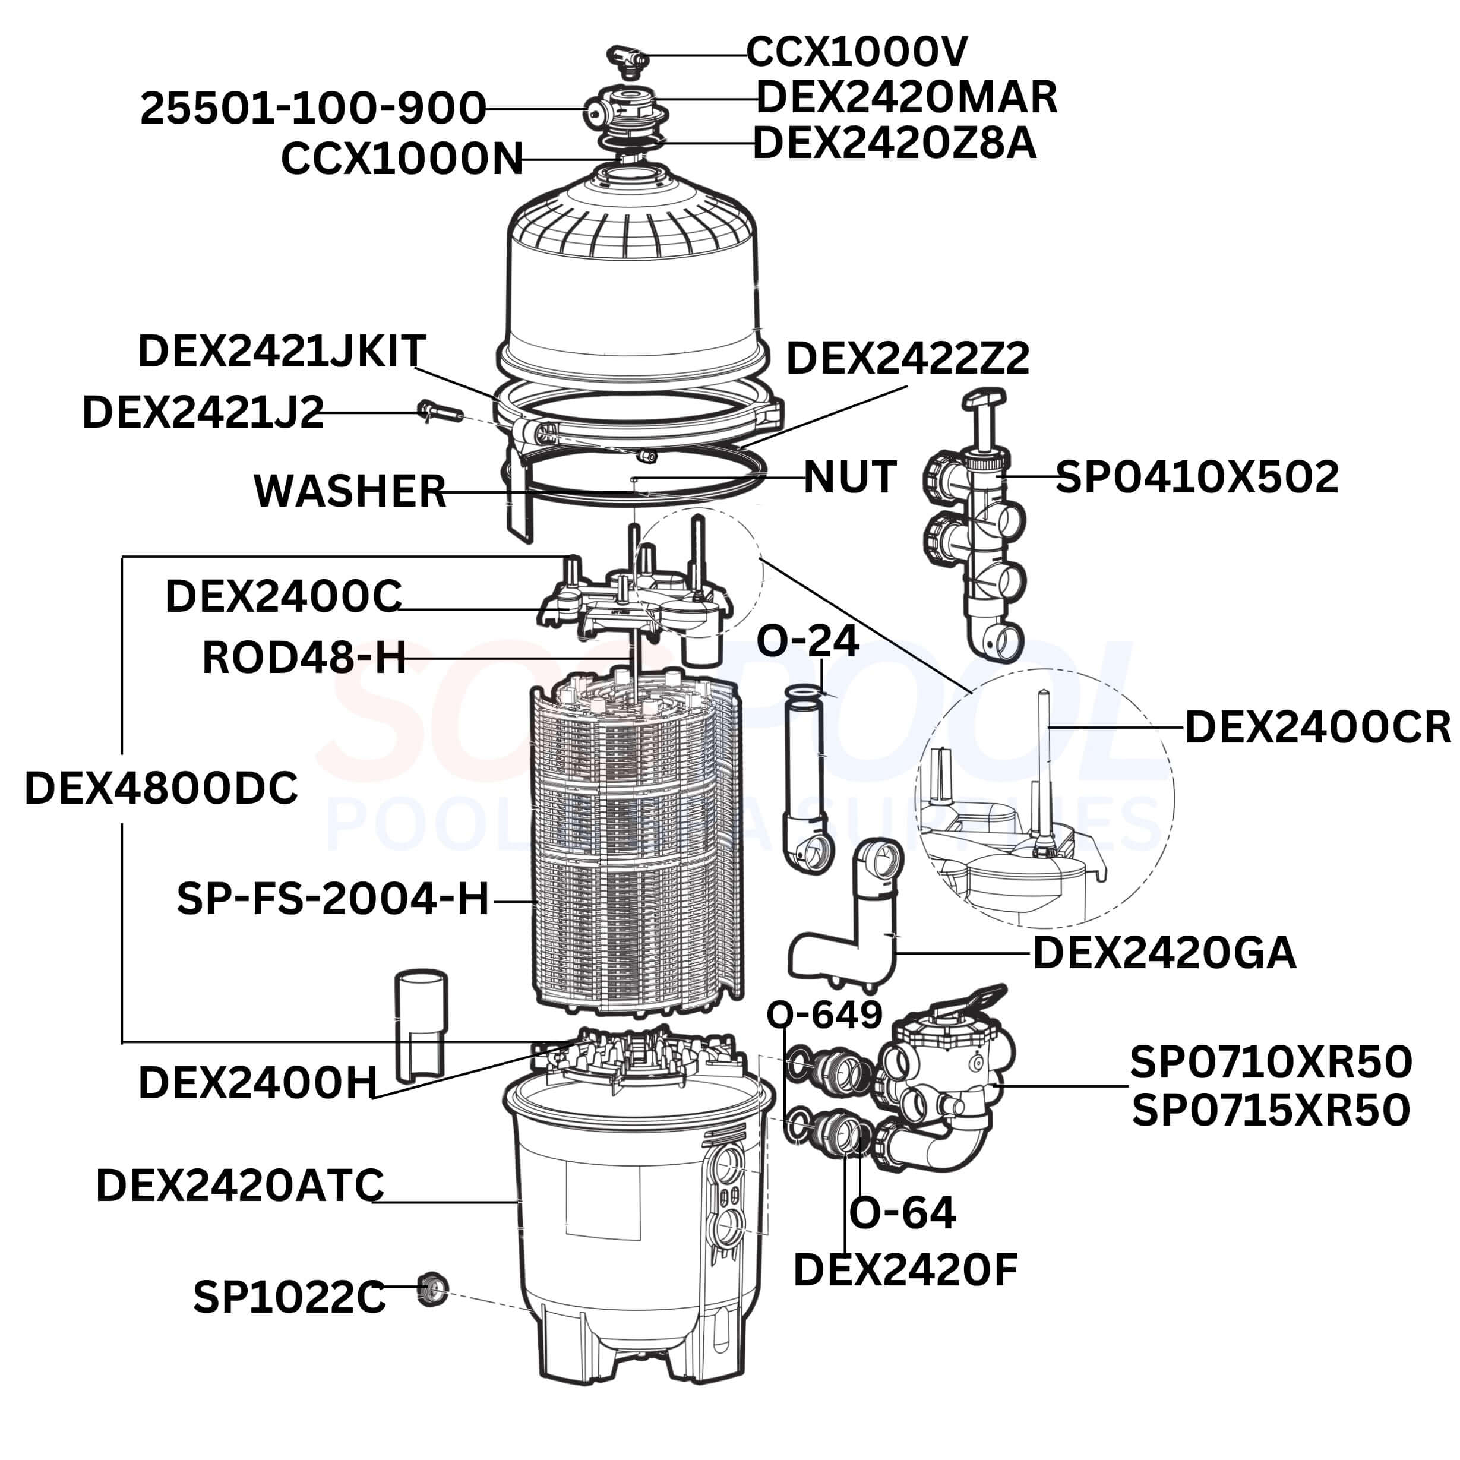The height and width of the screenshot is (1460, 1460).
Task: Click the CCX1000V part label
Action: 856,52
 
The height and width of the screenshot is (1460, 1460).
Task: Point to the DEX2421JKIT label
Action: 281,352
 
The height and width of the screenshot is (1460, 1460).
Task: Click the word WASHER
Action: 349,492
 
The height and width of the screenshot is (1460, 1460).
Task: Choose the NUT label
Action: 849,478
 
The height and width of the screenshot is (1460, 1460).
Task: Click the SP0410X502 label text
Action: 1196,478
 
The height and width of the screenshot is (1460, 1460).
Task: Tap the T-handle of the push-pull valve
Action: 984,398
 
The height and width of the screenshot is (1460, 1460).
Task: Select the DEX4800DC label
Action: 161,789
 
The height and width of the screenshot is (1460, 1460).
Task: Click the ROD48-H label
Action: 304,658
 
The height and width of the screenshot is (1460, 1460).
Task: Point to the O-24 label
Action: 807,641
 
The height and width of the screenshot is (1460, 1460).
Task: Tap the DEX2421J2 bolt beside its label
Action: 440,412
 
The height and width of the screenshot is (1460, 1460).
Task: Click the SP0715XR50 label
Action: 1271,1110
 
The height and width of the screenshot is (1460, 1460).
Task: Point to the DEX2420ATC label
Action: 239,1186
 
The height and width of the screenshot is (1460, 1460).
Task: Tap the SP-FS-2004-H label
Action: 333,899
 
